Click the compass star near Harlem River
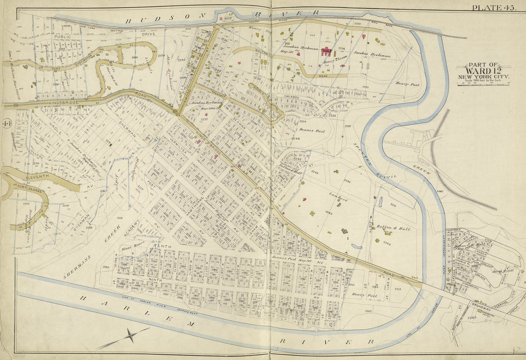[x=130, y=336]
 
